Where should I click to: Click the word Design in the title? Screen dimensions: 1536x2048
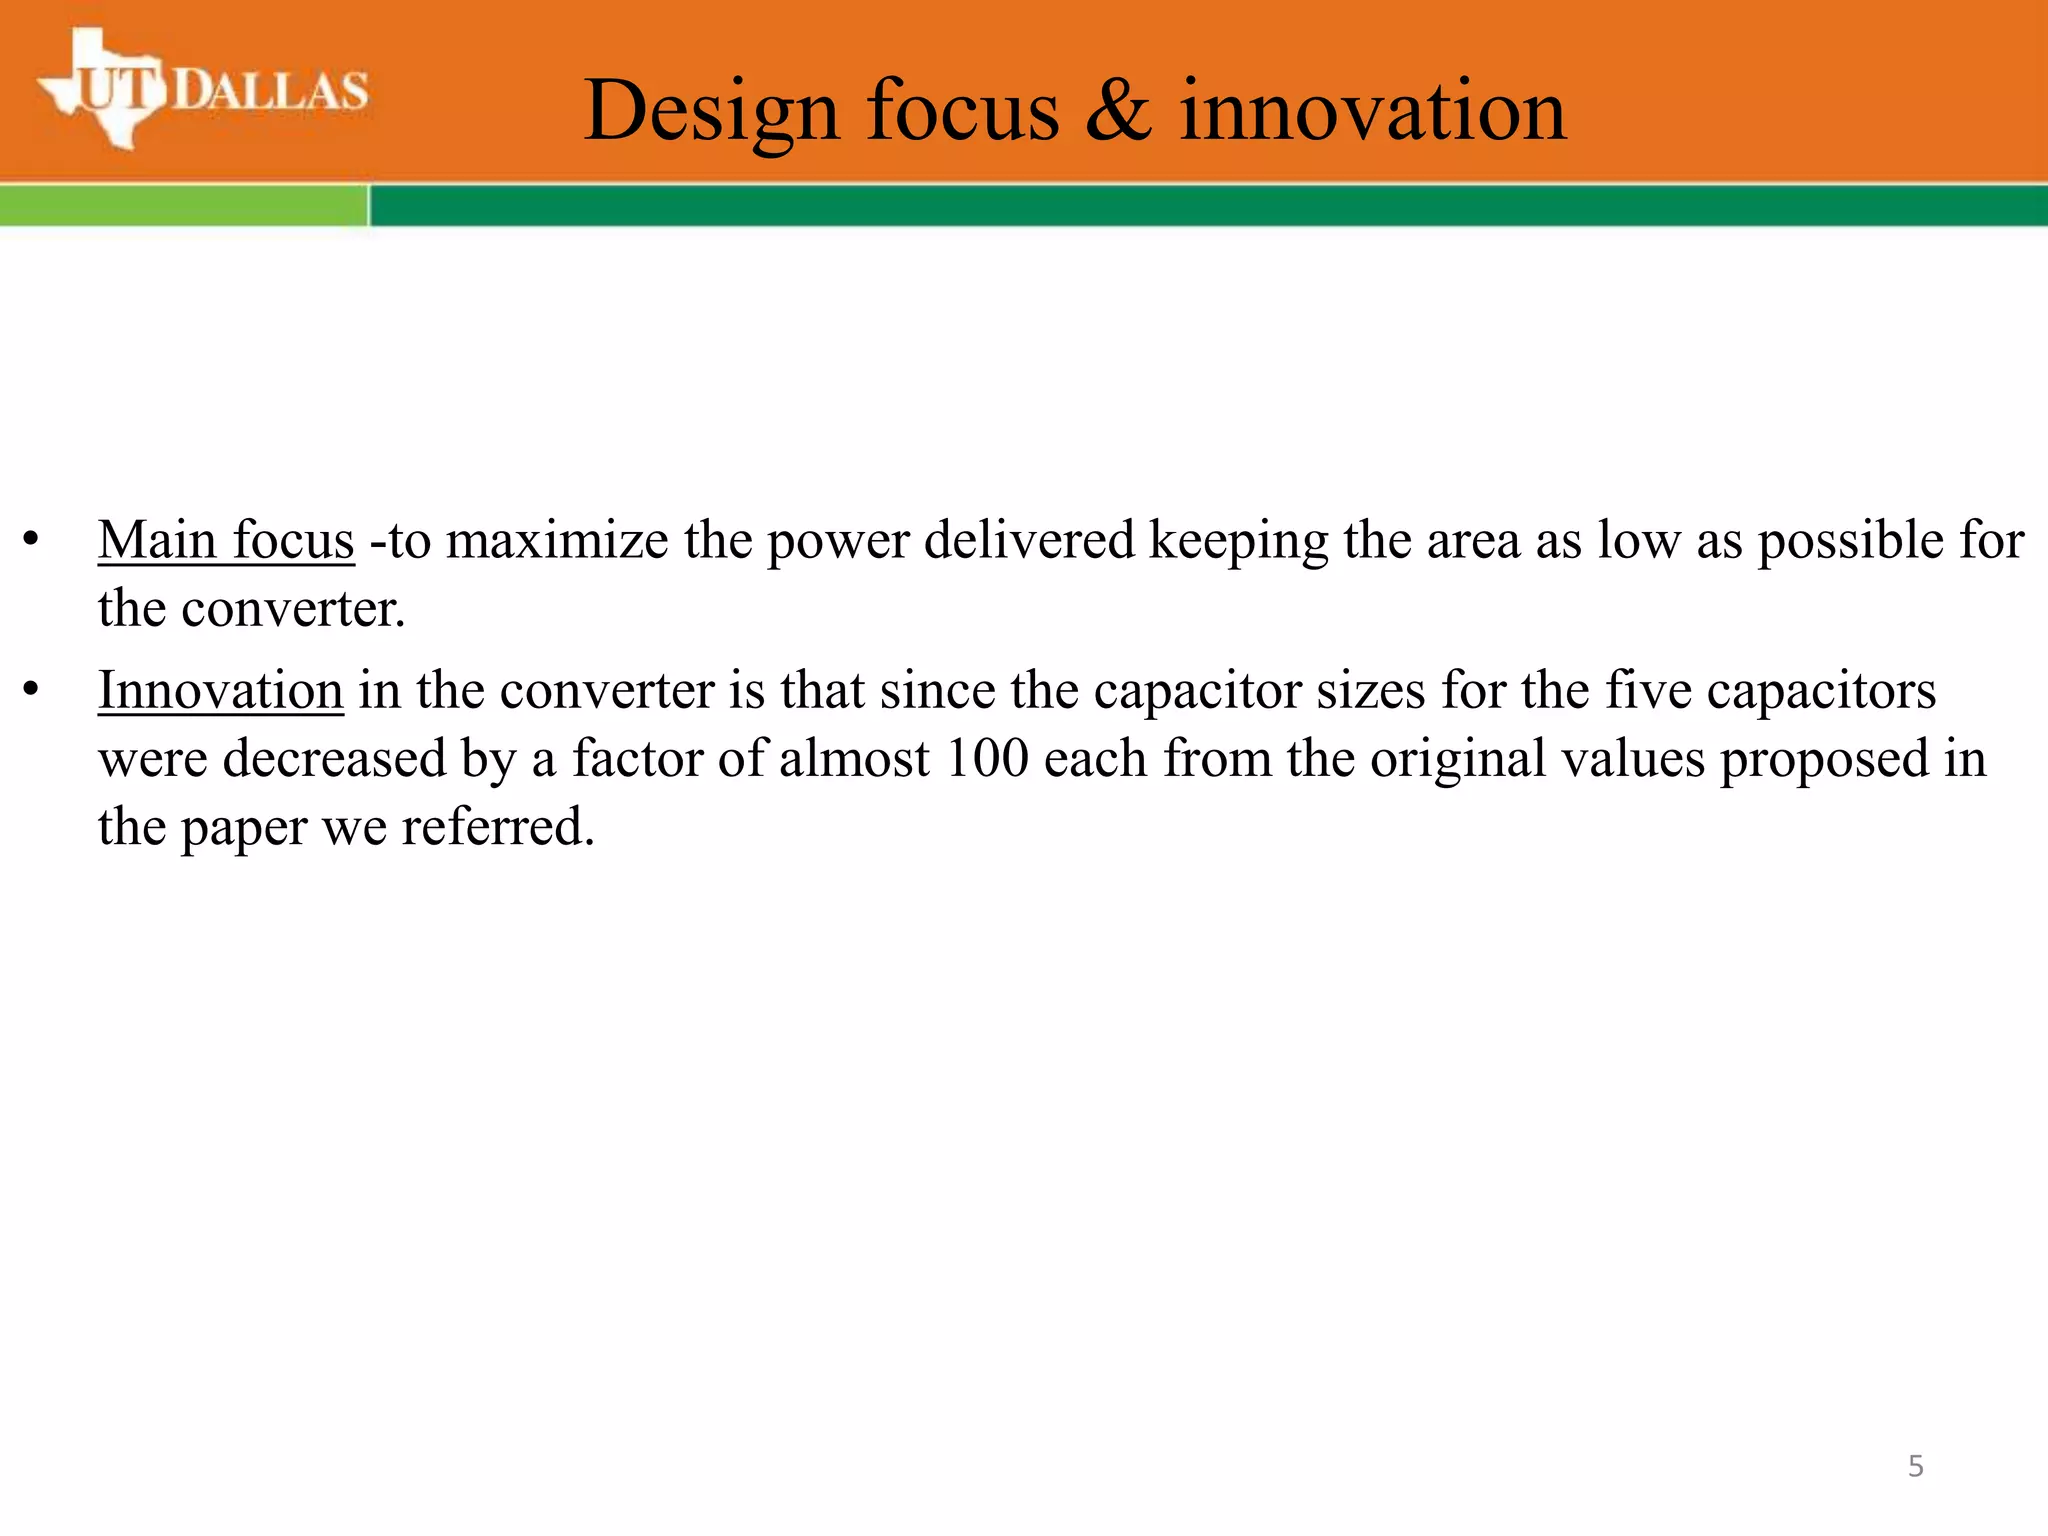711,112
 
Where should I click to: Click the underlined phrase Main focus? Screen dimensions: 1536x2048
226,541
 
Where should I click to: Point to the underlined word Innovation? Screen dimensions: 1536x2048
220,691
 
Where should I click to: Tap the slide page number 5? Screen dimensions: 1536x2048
1915,1466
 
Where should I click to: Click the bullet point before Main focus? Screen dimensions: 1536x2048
32,541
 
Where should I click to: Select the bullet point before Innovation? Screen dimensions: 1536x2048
32,691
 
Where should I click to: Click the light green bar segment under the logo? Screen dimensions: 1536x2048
184,206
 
